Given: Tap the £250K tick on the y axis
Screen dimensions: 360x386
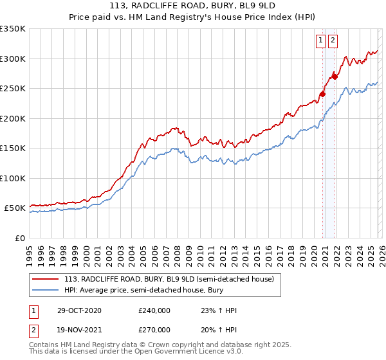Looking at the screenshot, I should tap(13, 88).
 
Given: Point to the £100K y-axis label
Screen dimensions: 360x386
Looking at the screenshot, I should tap(13, 178).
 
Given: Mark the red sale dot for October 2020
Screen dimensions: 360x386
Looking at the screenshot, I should tap(322, 94).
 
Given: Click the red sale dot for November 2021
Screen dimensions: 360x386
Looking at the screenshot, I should tap(335, 76).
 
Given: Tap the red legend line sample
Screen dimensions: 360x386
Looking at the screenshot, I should tap(46, 279).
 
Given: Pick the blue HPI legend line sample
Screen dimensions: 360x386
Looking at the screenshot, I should tap(46, 291).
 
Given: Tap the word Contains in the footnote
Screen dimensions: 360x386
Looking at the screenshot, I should tap(45, 346).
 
